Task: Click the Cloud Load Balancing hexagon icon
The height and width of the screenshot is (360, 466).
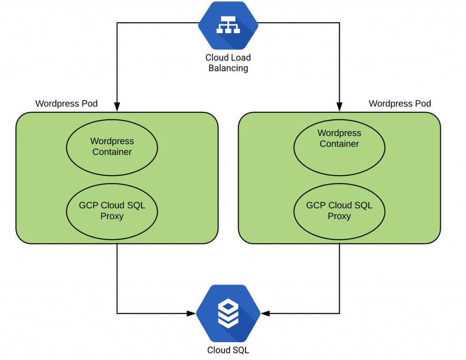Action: pos(228,25)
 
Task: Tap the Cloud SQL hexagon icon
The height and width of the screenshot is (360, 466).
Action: pos(228,313)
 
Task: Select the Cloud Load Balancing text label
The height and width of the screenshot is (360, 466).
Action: pos(228,63)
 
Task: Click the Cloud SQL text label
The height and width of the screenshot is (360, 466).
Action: pos(228,350)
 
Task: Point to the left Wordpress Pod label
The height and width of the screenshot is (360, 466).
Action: pos(66,103)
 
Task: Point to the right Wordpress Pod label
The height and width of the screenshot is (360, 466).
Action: pos(400,103)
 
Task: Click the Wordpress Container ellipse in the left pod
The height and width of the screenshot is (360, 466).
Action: pos(112,148)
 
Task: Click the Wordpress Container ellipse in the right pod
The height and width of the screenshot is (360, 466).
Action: pos(339,148)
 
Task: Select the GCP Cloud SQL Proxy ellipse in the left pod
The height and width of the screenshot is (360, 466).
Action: pos(112,212)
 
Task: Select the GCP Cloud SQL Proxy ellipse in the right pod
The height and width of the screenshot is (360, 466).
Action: pos(339,212)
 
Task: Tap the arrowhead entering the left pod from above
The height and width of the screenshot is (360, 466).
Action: pos(117,107)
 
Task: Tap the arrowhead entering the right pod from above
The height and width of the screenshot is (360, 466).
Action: pos(339,107)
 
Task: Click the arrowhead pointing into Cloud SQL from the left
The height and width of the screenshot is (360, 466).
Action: pos(192,313)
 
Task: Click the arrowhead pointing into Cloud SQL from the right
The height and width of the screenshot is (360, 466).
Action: pos(265,313)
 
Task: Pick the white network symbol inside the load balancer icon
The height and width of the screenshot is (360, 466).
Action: pos(228,25)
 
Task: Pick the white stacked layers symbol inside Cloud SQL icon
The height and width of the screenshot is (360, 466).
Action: pos(228,313)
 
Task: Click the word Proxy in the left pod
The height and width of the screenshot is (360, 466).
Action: pos(112,216)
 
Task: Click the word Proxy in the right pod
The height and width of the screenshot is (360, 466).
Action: pos(339,216)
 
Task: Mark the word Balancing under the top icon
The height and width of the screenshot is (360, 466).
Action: pos(228,68)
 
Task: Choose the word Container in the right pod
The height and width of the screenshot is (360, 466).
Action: pos(339,144)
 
